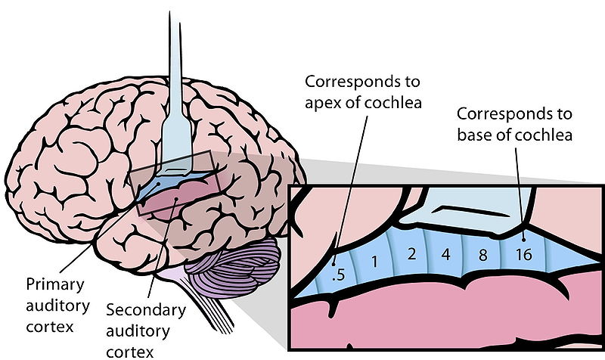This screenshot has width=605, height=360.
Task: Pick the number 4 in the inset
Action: [446, 254]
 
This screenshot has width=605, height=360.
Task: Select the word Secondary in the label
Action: [145, 311]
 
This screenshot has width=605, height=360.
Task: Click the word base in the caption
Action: [475, 136]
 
